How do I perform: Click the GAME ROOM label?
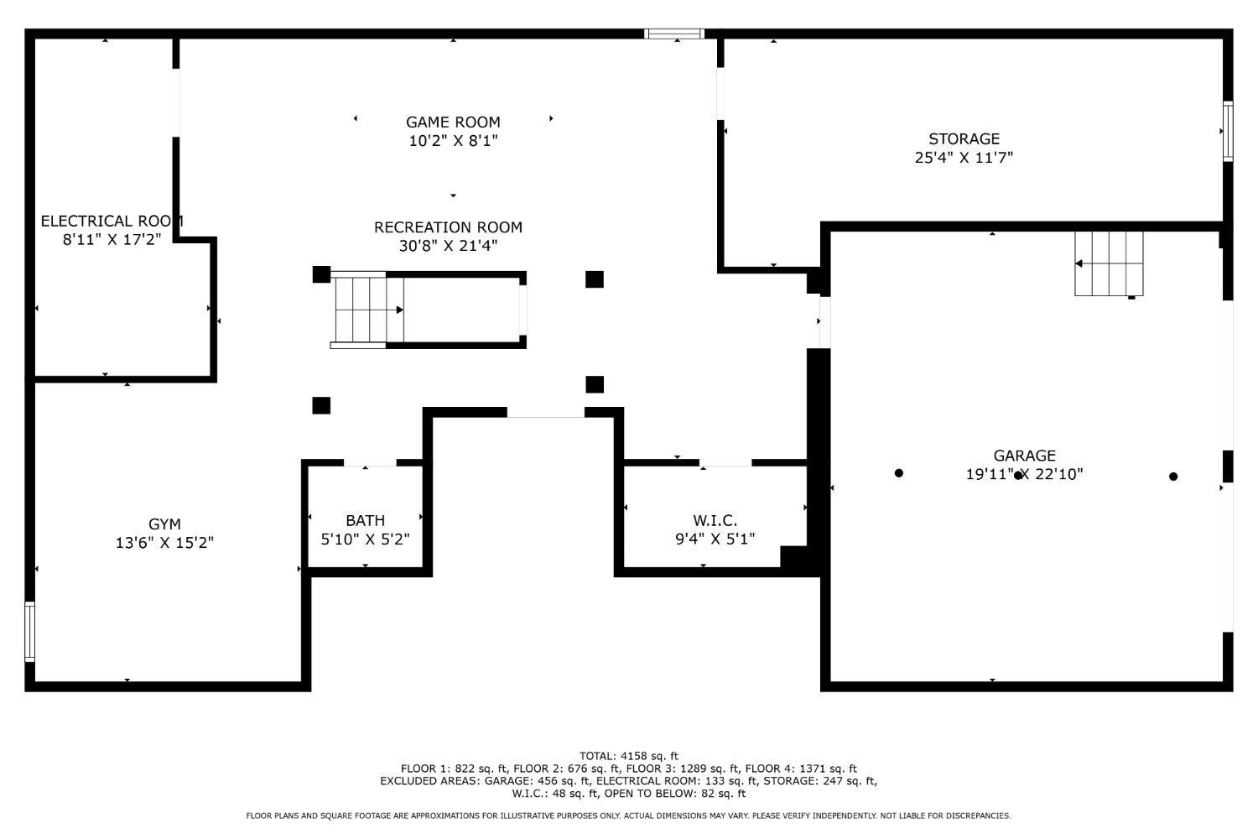pos(453,122)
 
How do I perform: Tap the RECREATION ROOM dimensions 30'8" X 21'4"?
pos(448,246)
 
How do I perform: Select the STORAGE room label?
pos(964,138)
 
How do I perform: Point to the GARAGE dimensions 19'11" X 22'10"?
pos(1024,474)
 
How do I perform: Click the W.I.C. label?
pos(715,520)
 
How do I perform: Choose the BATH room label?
pos(365,520)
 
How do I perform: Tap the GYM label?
pos(164,524)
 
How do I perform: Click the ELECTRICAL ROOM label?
pos(112,221)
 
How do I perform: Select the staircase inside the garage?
pos(1109,263)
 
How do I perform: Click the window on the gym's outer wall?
pos(29,632)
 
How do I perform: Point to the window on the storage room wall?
pos(1229,132)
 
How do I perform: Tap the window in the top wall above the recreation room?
pos(674,34)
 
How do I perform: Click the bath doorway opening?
pos(370,462)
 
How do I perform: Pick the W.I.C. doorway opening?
pos(725,462)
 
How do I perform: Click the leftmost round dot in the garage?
pos(898,473)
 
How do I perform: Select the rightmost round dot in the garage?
pos(1173,477)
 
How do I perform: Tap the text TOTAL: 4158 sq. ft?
pos(629,756)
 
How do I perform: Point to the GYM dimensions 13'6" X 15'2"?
pos(164,542)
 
